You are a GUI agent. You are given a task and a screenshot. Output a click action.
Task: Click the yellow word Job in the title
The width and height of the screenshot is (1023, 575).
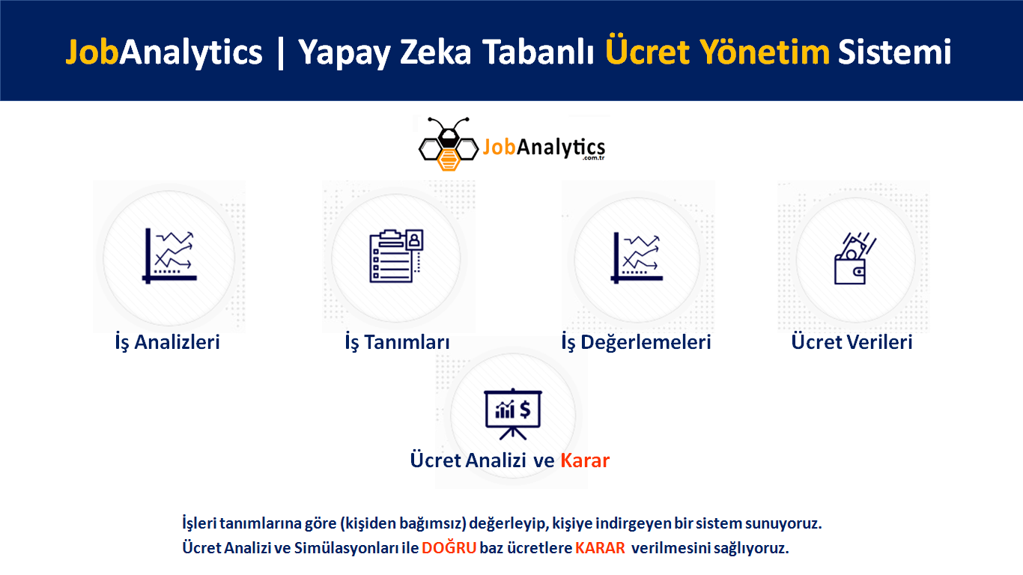tap(92, 52)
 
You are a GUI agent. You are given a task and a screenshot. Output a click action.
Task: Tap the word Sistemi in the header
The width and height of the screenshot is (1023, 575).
tap(895, 52)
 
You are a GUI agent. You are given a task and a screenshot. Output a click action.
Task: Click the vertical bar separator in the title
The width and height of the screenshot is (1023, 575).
tap(280, 53)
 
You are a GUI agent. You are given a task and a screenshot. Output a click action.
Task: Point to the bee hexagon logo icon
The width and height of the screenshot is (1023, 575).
tap(448, 144)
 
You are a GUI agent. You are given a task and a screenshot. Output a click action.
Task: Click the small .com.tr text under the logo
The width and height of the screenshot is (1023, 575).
tap(593, 158)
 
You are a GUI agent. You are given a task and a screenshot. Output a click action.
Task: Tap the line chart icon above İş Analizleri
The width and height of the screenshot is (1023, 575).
tap(169, 256)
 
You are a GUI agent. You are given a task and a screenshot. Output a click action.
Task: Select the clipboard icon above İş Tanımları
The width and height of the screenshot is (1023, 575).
tap(396, 256)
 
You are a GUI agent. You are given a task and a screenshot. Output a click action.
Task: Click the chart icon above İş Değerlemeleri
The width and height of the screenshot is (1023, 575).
tap(637, 258)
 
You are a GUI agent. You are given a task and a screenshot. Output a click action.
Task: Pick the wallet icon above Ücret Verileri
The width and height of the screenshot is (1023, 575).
tap(854, 258)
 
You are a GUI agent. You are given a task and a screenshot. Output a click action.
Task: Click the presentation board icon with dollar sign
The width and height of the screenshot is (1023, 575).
tap(513, 414)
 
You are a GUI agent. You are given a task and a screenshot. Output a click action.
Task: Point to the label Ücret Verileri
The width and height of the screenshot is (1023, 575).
tap(852, 341)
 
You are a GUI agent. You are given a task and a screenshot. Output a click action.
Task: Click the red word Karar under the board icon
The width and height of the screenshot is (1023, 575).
tap(585, 460)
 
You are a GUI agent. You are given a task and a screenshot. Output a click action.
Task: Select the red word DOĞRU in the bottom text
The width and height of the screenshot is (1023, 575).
tap(449, 547)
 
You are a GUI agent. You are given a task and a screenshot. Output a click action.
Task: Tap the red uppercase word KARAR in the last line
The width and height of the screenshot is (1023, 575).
tap(600, 548)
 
